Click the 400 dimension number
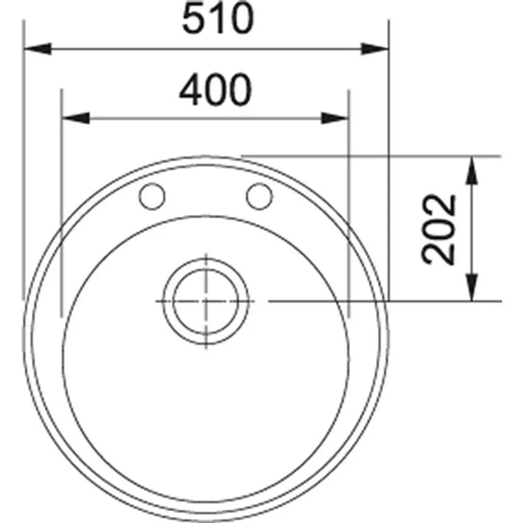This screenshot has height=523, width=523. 215,91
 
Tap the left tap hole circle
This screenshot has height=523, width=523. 152,196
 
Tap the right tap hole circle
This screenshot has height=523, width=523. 259,196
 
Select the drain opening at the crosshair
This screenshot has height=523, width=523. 206,301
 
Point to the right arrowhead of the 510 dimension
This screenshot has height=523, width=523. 375,49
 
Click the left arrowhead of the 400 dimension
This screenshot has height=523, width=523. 75,118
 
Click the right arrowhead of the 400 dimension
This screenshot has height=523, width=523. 335,118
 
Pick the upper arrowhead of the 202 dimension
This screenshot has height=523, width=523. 471,170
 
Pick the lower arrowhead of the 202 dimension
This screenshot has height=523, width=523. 471,287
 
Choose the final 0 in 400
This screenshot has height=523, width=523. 239,91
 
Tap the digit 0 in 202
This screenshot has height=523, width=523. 440,229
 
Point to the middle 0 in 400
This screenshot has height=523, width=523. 214,91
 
